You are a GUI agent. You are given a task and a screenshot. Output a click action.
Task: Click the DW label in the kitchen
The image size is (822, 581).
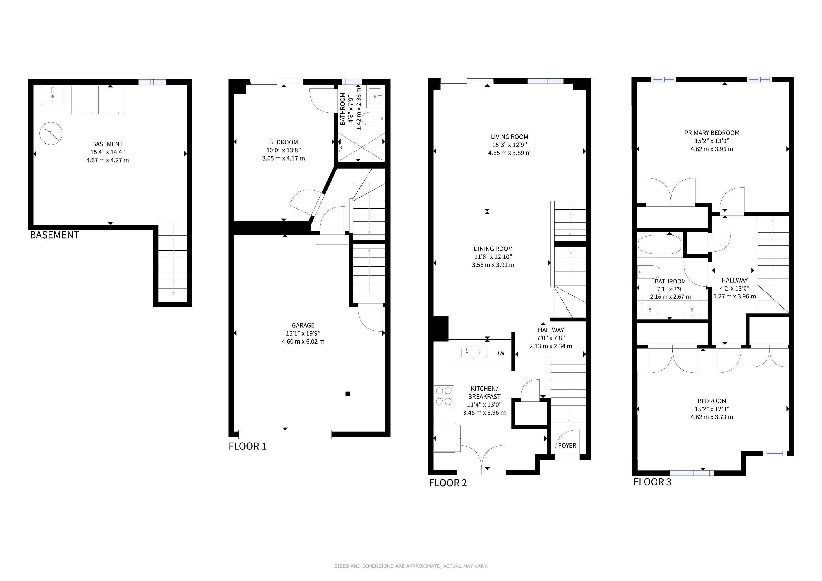click(500, 353)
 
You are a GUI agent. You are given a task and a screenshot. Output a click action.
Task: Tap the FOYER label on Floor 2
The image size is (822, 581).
click(567, 445)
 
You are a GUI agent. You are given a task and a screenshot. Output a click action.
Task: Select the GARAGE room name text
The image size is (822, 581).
click(303, 325)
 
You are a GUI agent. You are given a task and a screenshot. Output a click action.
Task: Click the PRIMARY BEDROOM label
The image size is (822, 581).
click(712, 133)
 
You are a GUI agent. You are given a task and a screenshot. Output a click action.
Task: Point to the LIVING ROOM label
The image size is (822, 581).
click(509, 137)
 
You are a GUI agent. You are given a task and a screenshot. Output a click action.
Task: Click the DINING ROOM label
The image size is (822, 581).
click(493, 249)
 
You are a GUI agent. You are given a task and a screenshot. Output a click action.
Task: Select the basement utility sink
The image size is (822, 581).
click(53, 96)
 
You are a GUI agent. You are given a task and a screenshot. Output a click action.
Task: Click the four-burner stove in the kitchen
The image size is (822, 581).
click(444, 396)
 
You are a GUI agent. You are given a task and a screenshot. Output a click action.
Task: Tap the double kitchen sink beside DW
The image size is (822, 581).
click(473, 352)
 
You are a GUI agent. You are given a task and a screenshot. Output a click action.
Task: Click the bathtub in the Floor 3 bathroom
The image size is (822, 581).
click(659, 245)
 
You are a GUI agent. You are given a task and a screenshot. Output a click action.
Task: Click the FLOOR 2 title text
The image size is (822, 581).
click(448, 483)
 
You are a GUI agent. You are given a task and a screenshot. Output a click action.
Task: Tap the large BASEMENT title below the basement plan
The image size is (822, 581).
click(54, 235)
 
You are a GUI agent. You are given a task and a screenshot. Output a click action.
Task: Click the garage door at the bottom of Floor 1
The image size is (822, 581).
click(285, 434)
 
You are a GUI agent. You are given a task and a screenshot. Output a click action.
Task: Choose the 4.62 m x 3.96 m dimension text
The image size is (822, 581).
click(712, 149)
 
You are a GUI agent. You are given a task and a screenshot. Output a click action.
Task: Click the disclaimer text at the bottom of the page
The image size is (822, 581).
click(411, 566)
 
